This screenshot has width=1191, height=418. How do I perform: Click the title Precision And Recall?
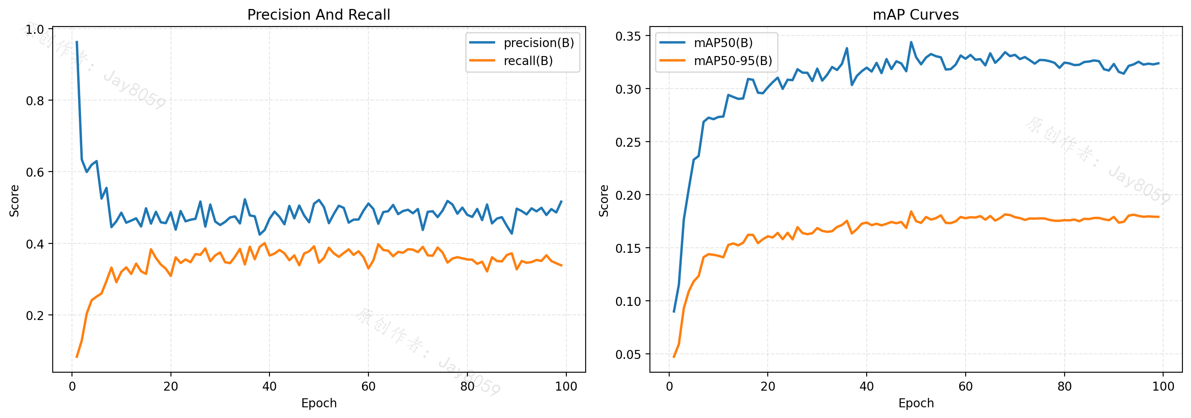(319, 15)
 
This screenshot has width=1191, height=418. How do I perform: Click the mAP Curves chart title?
(916, 15)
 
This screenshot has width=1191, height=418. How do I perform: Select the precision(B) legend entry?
(522, 43)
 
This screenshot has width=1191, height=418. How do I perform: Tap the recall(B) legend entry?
(512, 60)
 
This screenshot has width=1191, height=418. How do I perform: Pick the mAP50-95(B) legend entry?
(716, 60)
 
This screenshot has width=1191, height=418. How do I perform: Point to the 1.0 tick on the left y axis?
(35, 30)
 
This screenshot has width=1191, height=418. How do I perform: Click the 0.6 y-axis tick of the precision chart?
(35, 172)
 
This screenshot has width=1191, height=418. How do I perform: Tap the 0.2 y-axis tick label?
(35, 315)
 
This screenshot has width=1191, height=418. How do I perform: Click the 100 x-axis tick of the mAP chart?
(1163, 386)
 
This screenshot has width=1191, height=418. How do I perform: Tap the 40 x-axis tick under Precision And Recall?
(269, 386)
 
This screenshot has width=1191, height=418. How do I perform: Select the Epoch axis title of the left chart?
(319, 403)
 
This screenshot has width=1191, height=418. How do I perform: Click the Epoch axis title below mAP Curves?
(916, 403)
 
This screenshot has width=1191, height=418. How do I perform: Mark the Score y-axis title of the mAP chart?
(604, 201)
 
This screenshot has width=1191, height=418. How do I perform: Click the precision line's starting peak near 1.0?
(77, 42)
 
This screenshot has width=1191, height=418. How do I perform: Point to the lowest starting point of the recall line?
(77, 357)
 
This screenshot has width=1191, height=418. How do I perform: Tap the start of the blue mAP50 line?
(673, 312)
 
